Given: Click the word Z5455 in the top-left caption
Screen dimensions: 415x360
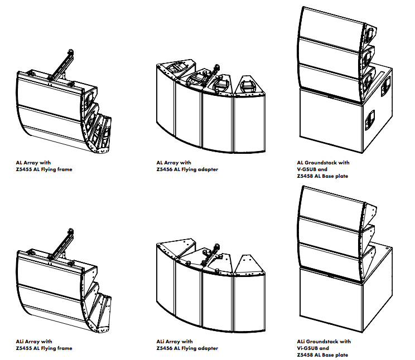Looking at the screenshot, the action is pos(24,169).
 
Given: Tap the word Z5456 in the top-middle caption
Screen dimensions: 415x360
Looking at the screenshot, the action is pos(165,169).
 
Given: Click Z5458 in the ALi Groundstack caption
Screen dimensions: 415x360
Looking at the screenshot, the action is pos(305,355).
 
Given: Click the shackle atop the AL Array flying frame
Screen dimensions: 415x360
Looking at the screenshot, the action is pos(71,51).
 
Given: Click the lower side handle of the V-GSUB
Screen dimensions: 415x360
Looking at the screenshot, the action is pos(370,120).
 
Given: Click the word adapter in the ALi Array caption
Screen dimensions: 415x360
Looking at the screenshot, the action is pos(208,349).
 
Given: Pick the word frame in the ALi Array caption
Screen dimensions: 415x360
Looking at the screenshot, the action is pos(65,348).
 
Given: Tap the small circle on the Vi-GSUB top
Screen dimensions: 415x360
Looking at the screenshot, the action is pos(387,249).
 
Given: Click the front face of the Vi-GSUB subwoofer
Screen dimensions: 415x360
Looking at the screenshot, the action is pos(331,300).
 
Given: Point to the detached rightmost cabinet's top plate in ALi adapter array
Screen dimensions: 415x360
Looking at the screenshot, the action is pos(249,265).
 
